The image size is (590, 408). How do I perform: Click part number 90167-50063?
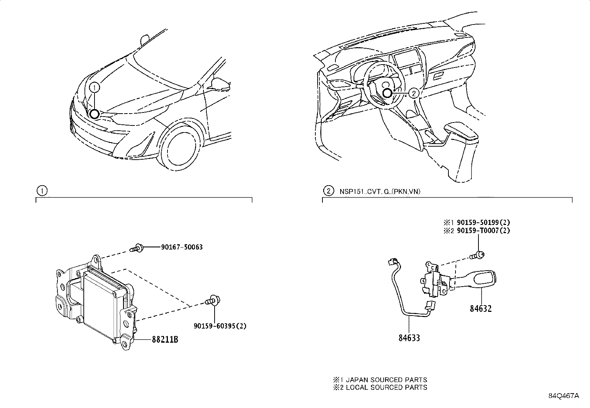(x=182, y=247)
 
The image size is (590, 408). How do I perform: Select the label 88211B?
(x=165, y=339)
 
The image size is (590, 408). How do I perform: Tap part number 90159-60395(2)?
(x=220, y=326)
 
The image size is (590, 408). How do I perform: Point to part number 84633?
(x=410, y=338)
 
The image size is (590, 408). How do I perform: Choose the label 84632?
(x=481, y=309)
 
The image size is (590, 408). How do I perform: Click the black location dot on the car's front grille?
(x=94, y=114)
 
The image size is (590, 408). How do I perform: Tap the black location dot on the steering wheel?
(x=388, y=93)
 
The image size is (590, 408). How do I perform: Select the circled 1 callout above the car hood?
(x=95, y=87)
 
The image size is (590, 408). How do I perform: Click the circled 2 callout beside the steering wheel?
(x=414, y=93)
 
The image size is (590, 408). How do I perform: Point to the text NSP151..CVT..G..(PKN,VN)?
(x=379, y=192)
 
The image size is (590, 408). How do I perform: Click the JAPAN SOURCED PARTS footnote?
(x=380, y=380)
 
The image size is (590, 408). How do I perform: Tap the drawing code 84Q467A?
(x=563, y=396)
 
